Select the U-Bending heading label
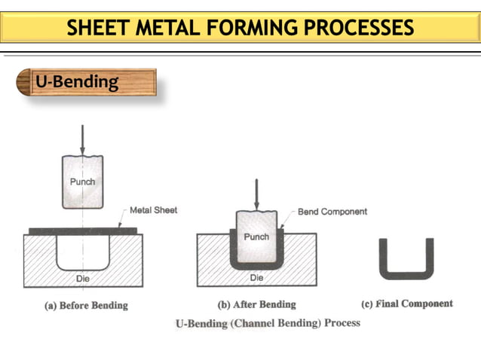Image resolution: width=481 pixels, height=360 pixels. click(x=77, y=81)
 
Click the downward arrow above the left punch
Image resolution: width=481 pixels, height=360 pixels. click(x=82, y=139)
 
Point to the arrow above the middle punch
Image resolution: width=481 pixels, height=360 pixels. click(x=257, y=194)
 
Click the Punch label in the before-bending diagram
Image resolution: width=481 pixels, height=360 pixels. click(x=82, y=182)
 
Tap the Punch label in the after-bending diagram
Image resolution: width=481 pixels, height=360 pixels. click(x=256, y=236)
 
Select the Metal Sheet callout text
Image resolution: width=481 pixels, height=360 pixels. click(x=154, y=210)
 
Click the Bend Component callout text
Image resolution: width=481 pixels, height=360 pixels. click(x=332, y=212)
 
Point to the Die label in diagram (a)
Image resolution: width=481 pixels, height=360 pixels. click(x=83, y=278)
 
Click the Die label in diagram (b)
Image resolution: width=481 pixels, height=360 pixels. click(x=256, y=278)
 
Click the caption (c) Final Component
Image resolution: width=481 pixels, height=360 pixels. click(x=407, y=304)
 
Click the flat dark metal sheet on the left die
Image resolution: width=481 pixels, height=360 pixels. click(x=75, y=230)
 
